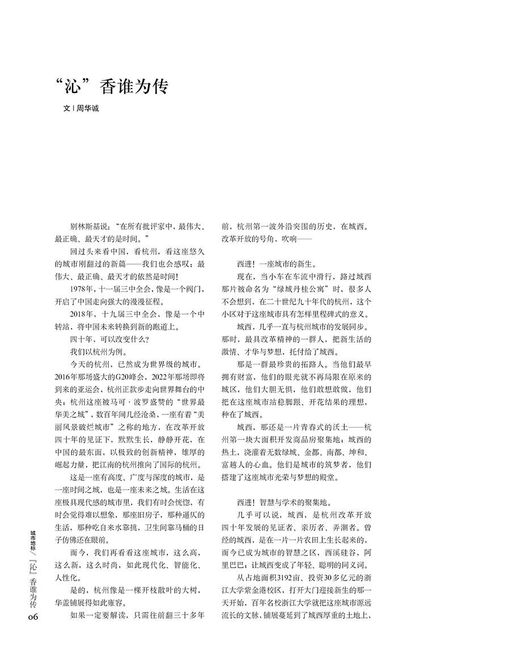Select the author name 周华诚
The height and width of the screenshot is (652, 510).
pos(88,108)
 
